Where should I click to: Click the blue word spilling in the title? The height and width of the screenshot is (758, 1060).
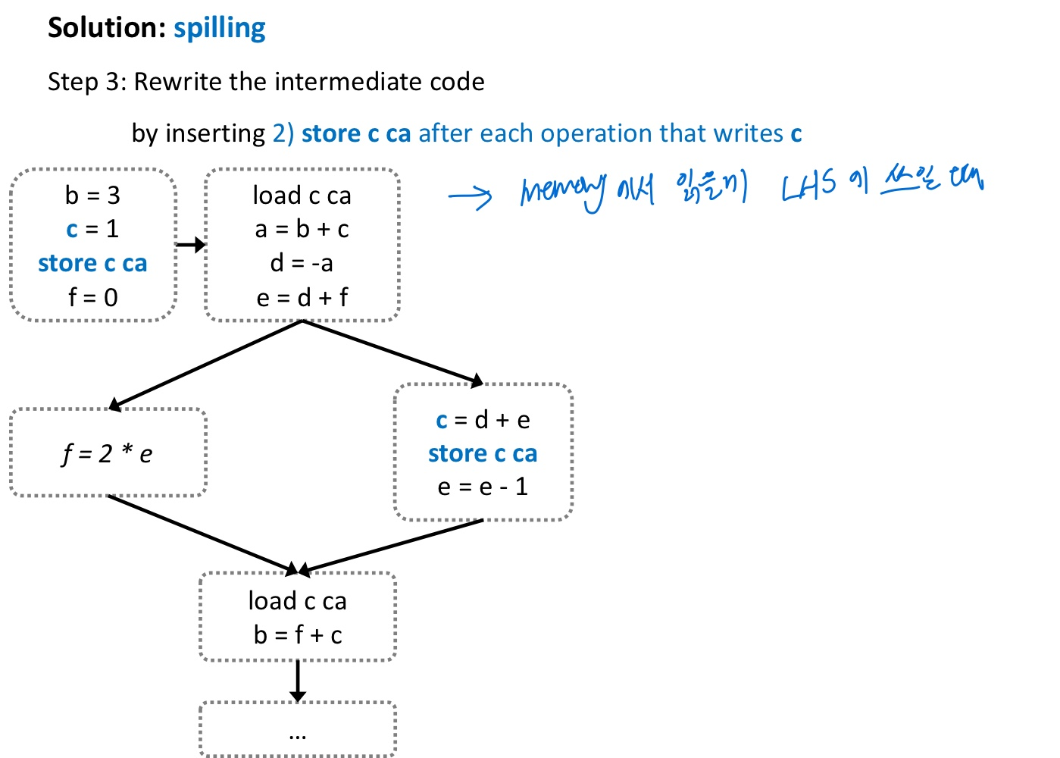click(219, 28)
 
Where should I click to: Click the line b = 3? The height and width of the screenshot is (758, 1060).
click(92, 196)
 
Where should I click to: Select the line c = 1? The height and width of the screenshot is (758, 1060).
click(92, 229)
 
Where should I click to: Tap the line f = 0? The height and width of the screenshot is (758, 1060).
click(92, 297)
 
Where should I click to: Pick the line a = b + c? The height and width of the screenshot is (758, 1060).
click(302, 229)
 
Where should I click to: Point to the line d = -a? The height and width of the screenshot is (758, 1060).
click(302, 263)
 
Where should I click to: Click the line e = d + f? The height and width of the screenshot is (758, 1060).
click(302, 297)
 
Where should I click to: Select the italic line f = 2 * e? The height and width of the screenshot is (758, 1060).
click(107, 453)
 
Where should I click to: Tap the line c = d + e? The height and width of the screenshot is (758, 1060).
click(483, 419)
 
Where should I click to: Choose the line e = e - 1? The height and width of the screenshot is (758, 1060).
click(483, 487)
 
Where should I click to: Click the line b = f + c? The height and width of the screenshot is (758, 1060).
click(298, 634)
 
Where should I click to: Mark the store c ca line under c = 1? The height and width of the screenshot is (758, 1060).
click(92, 263)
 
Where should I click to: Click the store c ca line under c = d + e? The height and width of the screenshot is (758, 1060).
click(483, 453)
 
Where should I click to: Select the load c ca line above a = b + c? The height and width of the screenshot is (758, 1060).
click(302, 196)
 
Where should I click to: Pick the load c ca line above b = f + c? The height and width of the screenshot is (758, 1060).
click(298, 601)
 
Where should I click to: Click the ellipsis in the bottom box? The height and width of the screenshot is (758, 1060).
click(298, 734)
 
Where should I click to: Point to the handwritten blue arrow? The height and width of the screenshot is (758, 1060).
click(470, 196)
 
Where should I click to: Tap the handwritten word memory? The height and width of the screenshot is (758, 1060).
click(562, 190)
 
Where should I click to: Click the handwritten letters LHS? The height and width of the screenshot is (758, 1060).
click(808, 186)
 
